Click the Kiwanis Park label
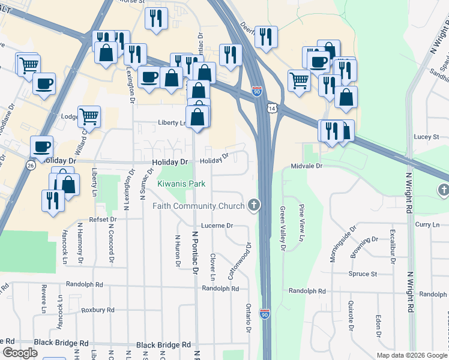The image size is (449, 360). tap(181, 184)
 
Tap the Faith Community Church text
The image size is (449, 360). tap(198, 206)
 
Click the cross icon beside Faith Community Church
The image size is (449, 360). tap(254, 206)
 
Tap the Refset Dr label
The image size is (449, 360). tap(101, 220)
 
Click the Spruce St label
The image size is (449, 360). tap(362, 274)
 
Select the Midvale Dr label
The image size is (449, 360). tap(307, 166)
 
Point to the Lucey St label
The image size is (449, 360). tap(427, 137)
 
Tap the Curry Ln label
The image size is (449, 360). tap(427, 224)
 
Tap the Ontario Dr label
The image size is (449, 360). tap(248, 319)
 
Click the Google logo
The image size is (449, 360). tap(20, 353)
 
